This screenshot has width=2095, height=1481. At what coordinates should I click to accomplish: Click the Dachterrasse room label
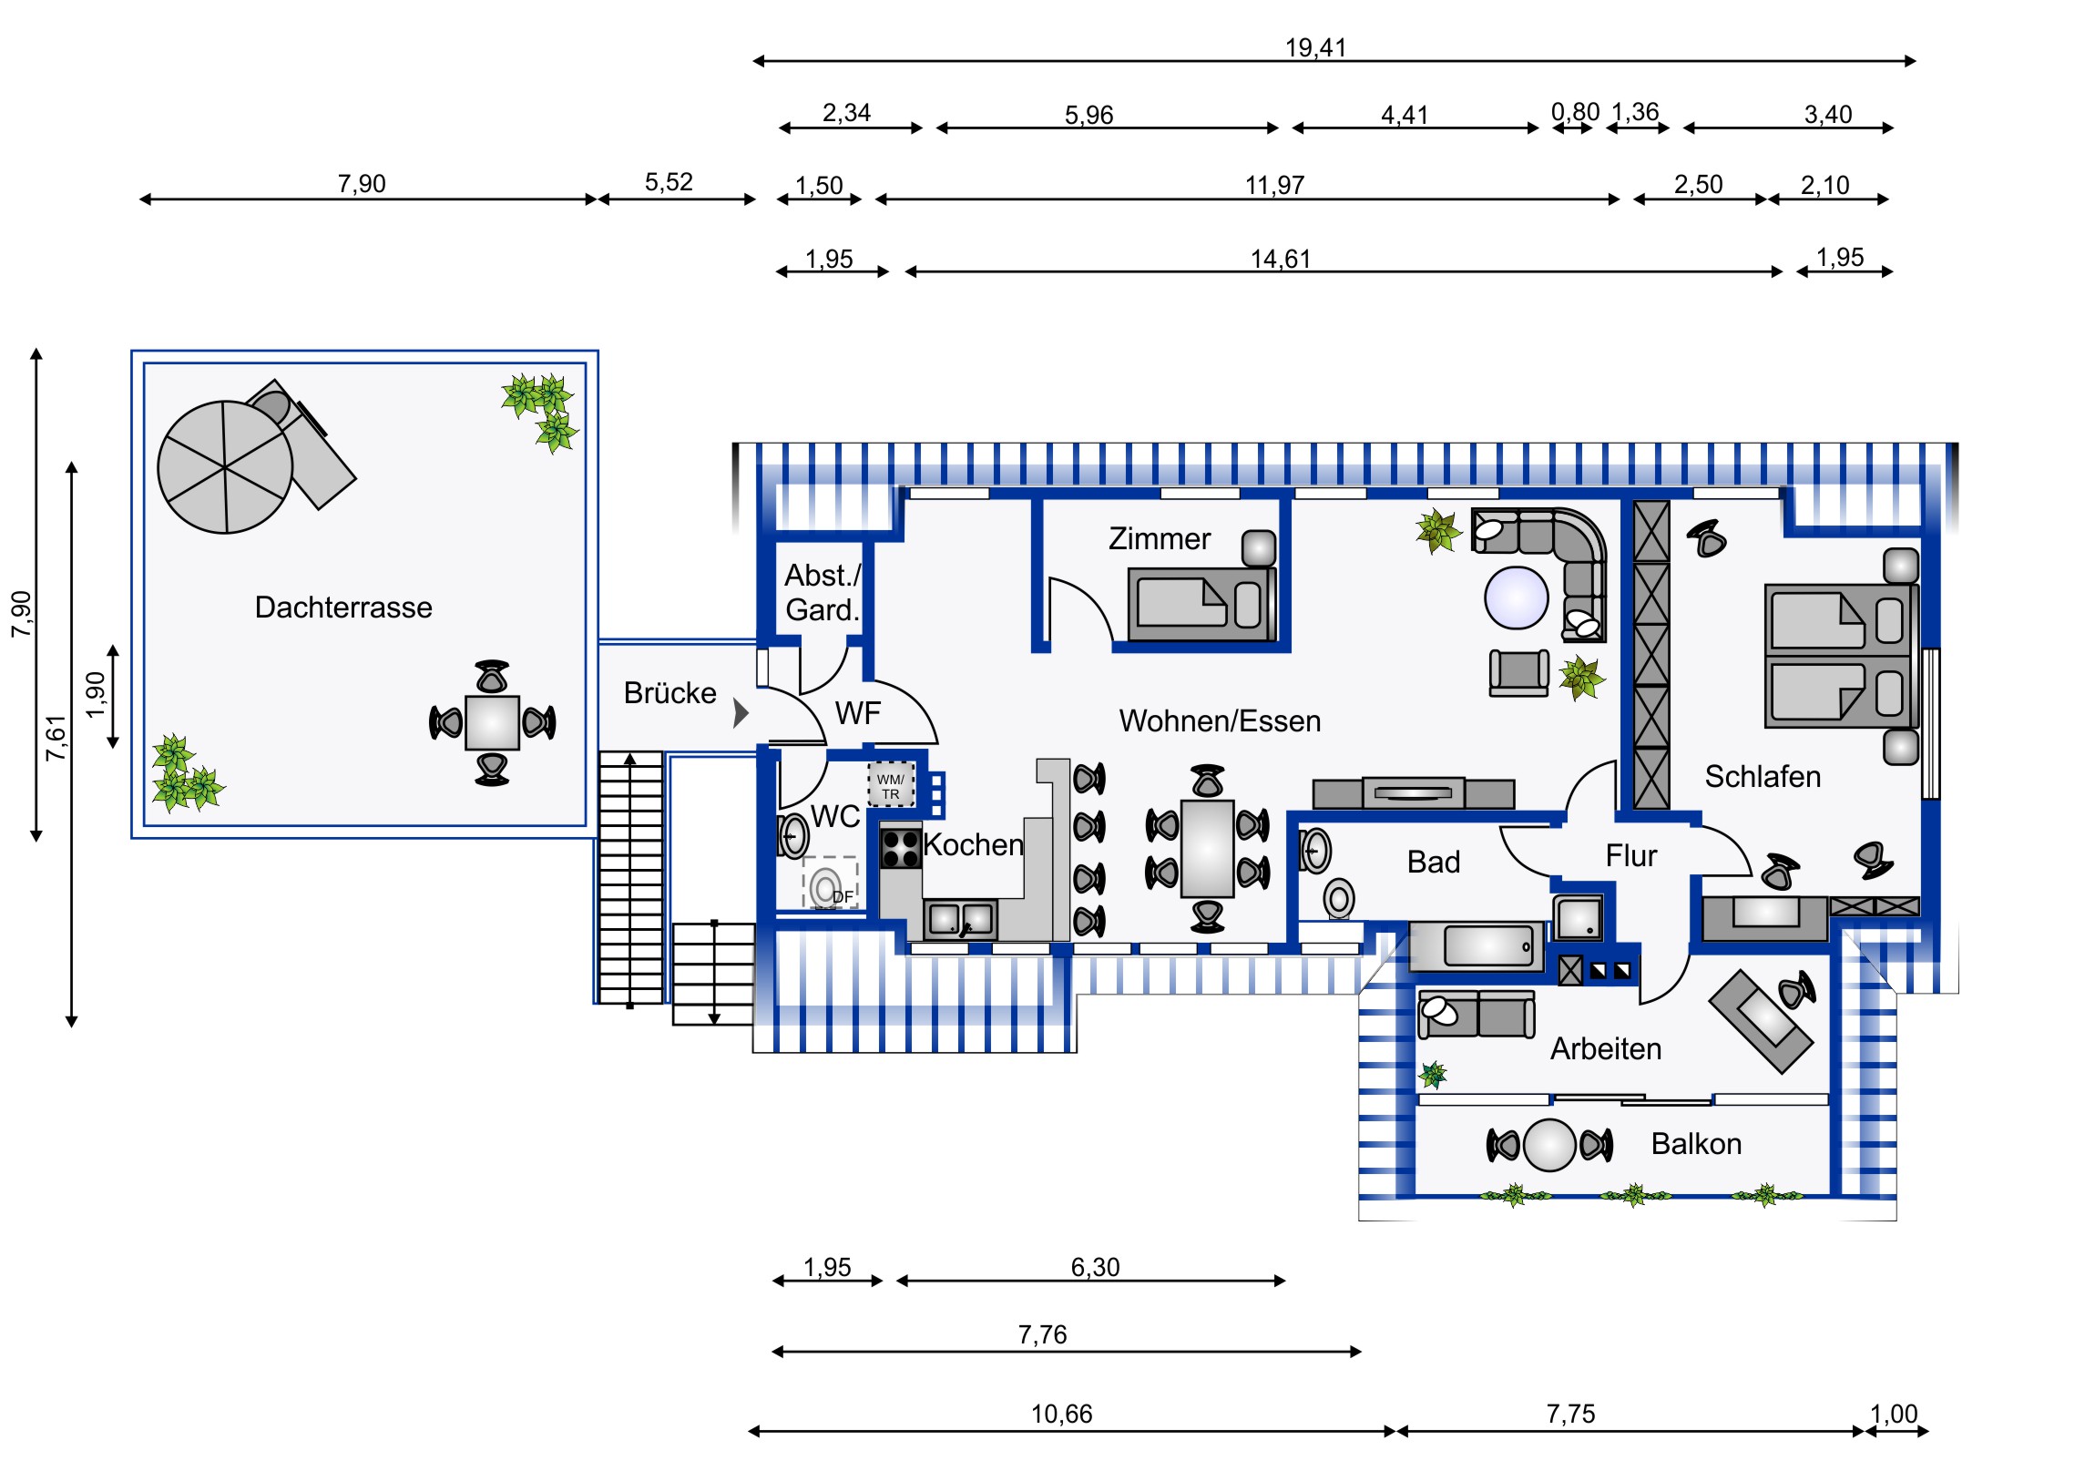click(x=343, y=608)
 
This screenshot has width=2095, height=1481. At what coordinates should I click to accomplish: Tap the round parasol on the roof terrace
click(x=225, y=466)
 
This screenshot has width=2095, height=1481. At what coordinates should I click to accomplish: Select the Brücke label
click(x=669, y=693)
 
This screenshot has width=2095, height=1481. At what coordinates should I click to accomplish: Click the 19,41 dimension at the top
click(x=1315, y=47)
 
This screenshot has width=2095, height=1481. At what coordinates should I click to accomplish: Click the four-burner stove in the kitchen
click(x=900, y=849)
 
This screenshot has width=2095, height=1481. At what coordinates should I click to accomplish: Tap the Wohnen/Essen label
click(x=1220, y=721)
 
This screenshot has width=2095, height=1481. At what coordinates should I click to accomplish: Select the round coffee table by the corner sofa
click(x=1516, y=598)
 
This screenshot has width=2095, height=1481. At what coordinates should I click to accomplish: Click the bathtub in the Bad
click(x=1477, y=946)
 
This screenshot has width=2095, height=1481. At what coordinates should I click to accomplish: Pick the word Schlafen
click(x=1762, y=777)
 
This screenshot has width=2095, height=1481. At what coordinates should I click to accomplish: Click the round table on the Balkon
click(x=1549, y=1145)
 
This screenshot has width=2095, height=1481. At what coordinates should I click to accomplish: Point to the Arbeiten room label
click(x=1606, y=1049)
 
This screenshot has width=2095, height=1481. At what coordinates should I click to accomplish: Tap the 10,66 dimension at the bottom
click(x=1061, y=1415)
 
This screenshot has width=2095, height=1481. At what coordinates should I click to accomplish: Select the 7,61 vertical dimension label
click(x=56, y=738)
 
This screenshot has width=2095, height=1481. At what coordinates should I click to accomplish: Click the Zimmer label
click(x=1159, y=539)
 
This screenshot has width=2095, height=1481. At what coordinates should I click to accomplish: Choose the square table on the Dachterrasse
click(x=492, y=722)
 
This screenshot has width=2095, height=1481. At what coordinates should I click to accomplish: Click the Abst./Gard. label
click(x=823, y=593)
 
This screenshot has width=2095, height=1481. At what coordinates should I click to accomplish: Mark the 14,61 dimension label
click(x=1280, y=260)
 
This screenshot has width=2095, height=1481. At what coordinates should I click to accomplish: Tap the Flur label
click(x=1630, y=856)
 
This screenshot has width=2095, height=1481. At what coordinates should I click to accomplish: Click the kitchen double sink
click(x=960, y=919)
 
